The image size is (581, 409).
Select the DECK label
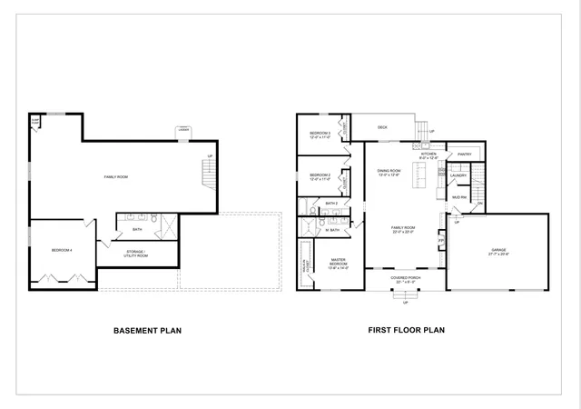pyautogui.click(x=382, y=127)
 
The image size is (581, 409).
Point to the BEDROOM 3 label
pyautogui.click(x=320, y=135)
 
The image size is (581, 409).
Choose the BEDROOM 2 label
pyautogui.click(x=320, y=176)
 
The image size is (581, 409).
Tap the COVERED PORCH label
pyautogui.click(x=406, y=280)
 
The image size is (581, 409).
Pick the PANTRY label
pyautogui.click(x=464, y=155)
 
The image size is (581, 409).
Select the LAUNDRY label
pyautogui.click(x=458, y=175)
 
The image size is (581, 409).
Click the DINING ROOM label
pyautogui.click(x=389, y=172)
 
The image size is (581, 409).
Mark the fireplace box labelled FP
pyautogui.click(x=442, y=242)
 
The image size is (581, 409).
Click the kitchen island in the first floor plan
pyautogui.click(x=420, y=174)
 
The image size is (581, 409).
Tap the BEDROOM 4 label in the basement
pyautogui.click(x=62, y=249)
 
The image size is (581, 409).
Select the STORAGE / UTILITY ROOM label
pyautogui.click(x=135, y=255)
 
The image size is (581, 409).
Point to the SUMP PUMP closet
pyautogui.click(x=34, y=121)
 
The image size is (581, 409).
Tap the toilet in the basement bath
pyautogui.click(x=155, y=219)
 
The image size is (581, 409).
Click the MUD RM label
pyautogui.click(x=460, y=197)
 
